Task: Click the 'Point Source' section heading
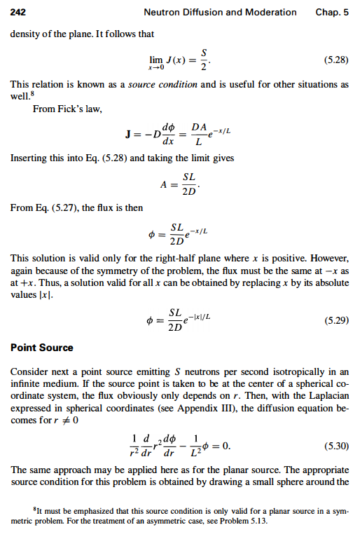(42, 348)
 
